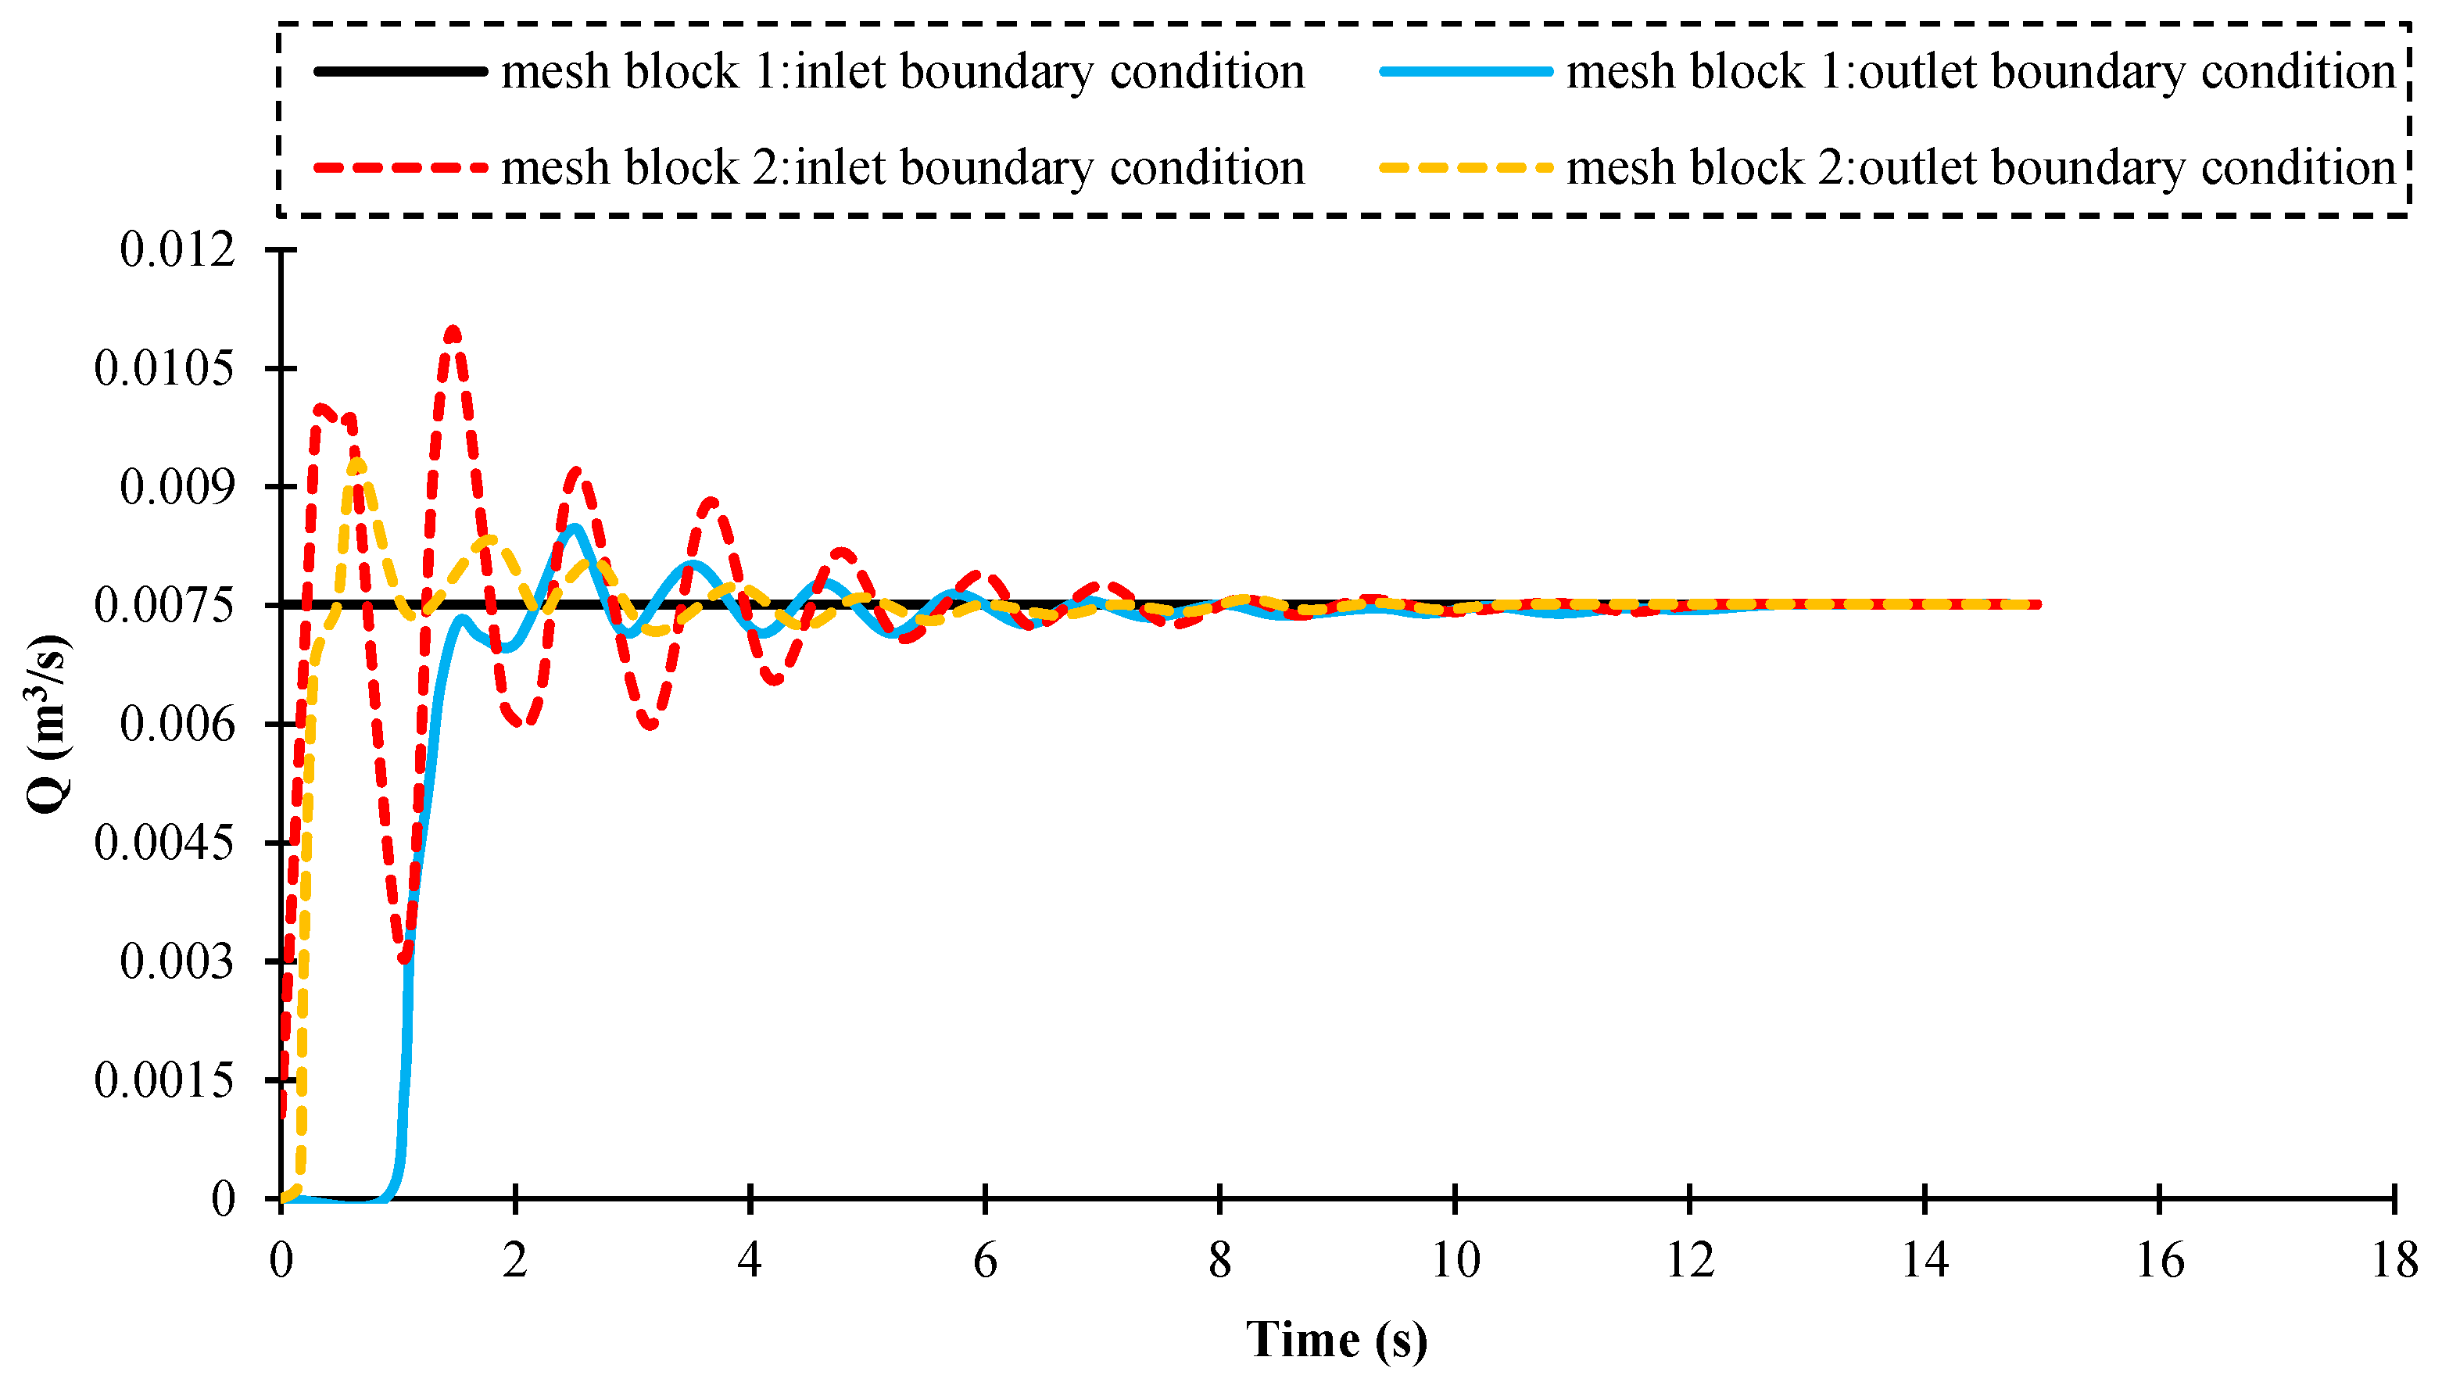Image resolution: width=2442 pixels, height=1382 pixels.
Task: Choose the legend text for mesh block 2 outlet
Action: (1980, 168)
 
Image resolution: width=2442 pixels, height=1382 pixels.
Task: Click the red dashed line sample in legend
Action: (400, 168)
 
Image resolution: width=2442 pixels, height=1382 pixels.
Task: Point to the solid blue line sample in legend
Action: (1466, 72)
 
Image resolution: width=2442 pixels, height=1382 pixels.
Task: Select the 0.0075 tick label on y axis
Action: (163, 606)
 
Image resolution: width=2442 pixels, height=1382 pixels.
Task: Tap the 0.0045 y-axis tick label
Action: (163, 843)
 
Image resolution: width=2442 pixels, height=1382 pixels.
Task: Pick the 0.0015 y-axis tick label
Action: (163, 1080)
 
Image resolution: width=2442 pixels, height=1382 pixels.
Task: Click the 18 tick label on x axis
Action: (2394, 1262)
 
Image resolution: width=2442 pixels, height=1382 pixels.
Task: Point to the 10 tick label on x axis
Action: (1455, 1262)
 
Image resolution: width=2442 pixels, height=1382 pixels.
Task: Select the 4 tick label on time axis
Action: (750, 1262)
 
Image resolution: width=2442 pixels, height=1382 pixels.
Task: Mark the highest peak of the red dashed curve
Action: (453, 331)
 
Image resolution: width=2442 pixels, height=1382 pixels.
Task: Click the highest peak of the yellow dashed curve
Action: (358, 462)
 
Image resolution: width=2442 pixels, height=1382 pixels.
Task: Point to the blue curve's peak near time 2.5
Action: (575, 528)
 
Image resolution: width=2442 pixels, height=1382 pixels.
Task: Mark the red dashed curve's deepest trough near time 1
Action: (405, 958)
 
